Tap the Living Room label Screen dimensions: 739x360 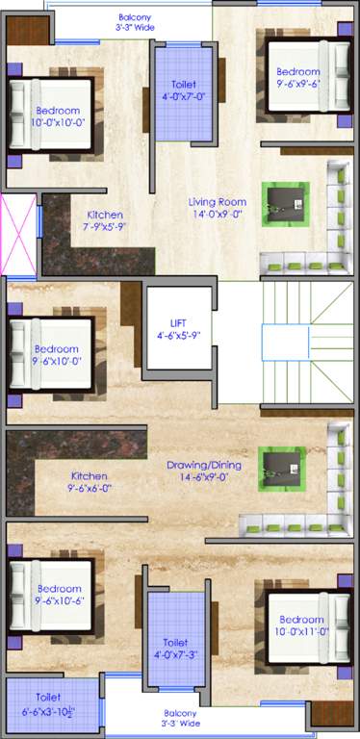[219, 208]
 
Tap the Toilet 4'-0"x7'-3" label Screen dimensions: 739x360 [175, 648]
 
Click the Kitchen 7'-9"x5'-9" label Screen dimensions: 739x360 [104, 220]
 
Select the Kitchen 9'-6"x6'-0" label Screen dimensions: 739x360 [90, 481]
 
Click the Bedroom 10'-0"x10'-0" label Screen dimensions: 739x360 [58, 116]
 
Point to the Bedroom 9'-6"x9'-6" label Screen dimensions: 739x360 [297, 77]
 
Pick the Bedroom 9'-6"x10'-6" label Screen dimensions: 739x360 [59, 595]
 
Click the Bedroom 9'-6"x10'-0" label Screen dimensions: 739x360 [56, 355]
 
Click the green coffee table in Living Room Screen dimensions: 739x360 [287, 202]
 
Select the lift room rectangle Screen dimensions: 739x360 [178, 332]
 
